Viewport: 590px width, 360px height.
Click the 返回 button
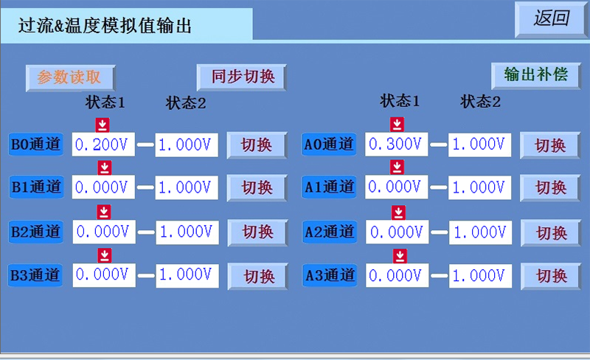[x=551, y=19]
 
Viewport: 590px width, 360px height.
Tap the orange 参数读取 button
[x=70, y=78]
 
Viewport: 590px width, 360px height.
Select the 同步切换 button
[x=242, y=77]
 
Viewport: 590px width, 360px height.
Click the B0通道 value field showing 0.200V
[x=103, y=145]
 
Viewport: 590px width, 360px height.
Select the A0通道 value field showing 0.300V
[x=397, y=144]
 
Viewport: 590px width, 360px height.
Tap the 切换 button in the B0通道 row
[x=257, y=145]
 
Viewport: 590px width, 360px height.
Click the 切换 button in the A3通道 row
[x=551, y=276]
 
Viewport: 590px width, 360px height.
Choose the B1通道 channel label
[x=36, y=187]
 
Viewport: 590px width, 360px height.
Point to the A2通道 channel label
[x=330, y=232]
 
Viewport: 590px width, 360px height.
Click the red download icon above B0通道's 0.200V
[x=103, y=125]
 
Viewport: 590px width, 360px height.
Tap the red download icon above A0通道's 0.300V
[x=397, y=124]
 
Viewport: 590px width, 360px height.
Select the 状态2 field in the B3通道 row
[x=187, y=275]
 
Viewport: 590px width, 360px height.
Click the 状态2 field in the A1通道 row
[x=480, y=187]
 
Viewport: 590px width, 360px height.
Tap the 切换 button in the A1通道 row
[x=550, y=187]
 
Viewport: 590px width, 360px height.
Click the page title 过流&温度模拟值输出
[x=105, y=26]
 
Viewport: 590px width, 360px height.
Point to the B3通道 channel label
[x=35, y=275]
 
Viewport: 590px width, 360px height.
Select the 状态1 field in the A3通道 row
[x=397, y=276]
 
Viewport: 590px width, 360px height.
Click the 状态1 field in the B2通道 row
[x=104, y=232]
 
